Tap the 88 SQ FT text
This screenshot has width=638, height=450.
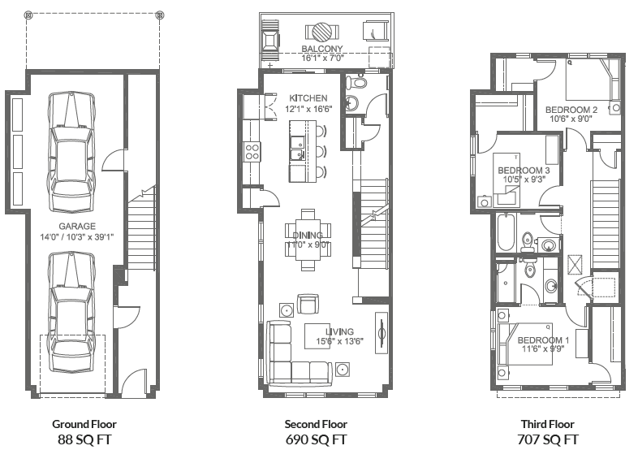click(x=84, y=439)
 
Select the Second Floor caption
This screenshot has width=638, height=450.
click(x=316, y=424)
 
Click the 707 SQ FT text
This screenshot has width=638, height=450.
click(x=547, y=439)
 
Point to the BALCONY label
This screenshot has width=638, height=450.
click(x=300, y=50)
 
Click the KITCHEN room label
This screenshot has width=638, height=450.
click(x=307, y=98)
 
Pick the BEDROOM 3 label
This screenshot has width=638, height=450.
click(x=524, y=170)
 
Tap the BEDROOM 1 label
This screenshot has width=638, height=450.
click(x=543, y=340)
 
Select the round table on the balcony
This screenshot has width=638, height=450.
click(x=318, y=32)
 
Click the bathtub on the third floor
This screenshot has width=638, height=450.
click(x=506, y=231)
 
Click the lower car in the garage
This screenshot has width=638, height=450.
click(x=71, y=305)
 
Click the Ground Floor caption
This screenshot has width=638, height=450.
click(x=84, y=424)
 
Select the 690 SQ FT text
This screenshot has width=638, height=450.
click(x=316, y=439)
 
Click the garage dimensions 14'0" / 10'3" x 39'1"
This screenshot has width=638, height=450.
click(x=76, y=237)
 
